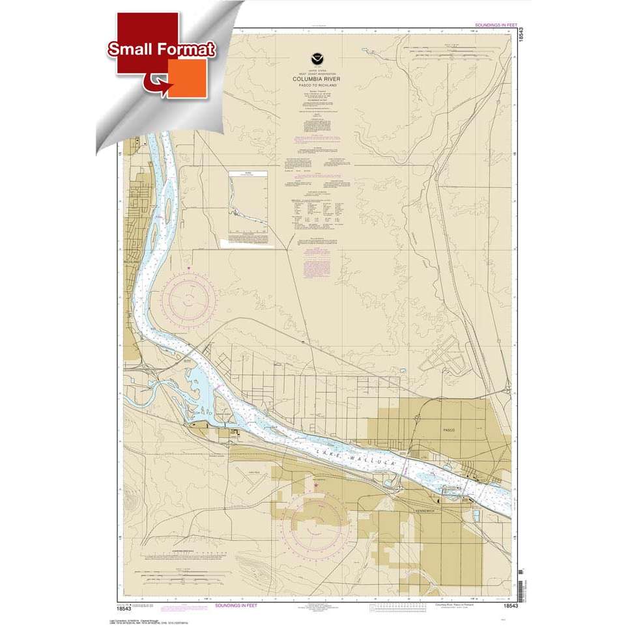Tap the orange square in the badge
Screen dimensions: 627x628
(x=188, y=78)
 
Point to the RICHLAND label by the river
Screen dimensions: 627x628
(x=132, y=262)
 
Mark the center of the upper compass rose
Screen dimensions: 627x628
(x=188, y=298)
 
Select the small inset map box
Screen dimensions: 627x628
(x=248, y=203)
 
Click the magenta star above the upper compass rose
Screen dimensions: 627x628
(x=188, y=268)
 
